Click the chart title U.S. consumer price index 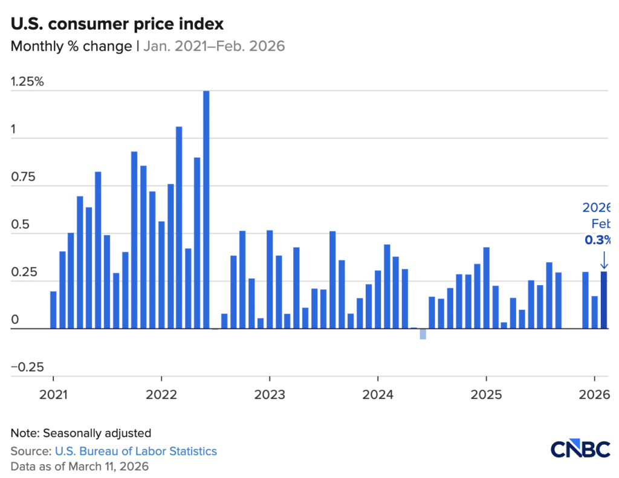point(117,24)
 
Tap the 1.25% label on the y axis point(28,82)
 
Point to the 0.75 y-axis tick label point(24,177)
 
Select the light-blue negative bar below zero point(423,334)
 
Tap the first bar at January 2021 point(53,310)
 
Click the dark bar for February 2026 point(603,300)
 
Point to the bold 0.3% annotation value point(598,240)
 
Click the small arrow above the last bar point(603,260)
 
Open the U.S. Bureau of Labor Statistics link point(135,451)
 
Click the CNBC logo point(581,450)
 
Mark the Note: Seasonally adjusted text point(80,433)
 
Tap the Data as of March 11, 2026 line point(79,467)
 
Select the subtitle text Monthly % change point(71,47)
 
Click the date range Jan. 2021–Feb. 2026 point(213,47)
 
